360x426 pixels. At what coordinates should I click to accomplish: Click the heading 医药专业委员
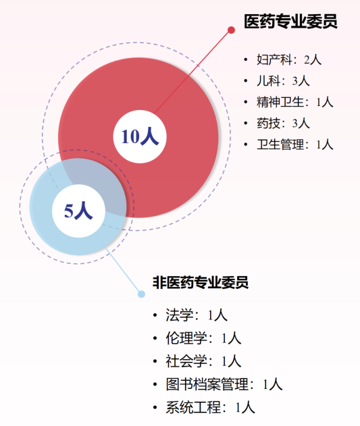pos(290,22)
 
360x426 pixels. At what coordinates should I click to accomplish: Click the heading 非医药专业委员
pos(201,283)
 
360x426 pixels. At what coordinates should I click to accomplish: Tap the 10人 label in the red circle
pos(140,136)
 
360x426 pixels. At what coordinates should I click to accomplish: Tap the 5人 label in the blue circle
pos(78,211)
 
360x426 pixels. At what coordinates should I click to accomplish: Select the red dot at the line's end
pos(231,30)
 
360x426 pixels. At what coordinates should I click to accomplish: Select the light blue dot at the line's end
pos(141,294)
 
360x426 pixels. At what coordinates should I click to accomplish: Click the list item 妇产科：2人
pos(289,60)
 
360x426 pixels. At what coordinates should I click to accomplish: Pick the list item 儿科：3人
pos(283,81)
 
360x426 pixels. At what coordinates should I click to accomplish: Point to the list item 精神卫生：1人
pos(295,102)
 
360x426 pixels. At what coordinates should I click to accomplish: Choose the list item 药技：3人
pos(283,124)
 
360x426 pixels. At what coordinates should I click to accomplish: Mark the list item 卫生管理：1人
pos(295,144)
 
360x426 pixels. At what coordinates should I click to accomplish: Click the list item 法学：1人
pos(197,315)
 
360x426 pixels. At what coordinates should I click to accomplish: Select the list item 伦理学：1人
pos(203,338)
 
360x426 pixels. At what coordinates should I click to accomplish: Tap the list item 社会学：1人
pos(203,362)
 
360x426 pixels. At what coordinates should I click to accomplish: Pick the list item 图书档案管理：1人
pos(224,385)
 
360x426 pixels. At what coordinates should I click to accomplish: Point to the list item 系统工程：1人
pos(211,408)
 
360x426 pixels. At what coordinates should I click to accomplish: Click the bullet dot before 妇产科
pos(246,59)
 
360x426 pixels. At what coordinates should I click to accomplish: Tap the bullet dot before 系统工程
pos(155,408)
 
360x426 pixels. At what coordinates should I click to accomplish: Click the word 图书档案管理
pos(207,385)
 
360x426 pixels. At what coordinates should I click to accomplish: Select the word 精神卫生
pos(280,102)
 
